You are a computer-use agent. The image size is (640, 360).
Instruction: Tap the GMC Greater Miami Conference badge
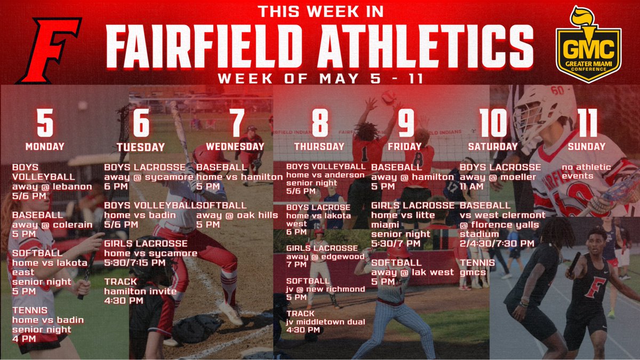pyautogui.click(x=588, y=45)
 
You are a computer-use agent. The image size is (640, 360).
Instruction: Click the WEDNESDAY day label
pyautogui.click(x=235, y=146)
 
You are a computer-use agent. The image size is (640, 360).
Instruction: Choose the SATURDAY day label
pyautogui.click(x=493, y=146)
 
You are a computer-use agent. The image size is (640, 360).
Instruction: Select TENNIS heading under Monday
pyautogui.click(x=30, y=310)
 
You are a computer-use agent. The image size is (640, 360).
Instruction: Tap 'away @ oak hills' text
pyautogui.click(x=237, y=215)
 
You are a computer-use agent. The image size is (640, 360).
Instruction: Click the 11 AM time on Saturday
pyautogui.click(x=472, y=187)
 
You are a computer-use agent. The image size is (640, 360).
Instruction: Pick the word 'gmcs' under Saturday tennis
pyautogui.click(x=471, y=273)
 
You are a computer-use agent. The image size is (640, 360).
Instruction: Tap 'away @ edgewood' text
pyautogui.click(x=325, y=257)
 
